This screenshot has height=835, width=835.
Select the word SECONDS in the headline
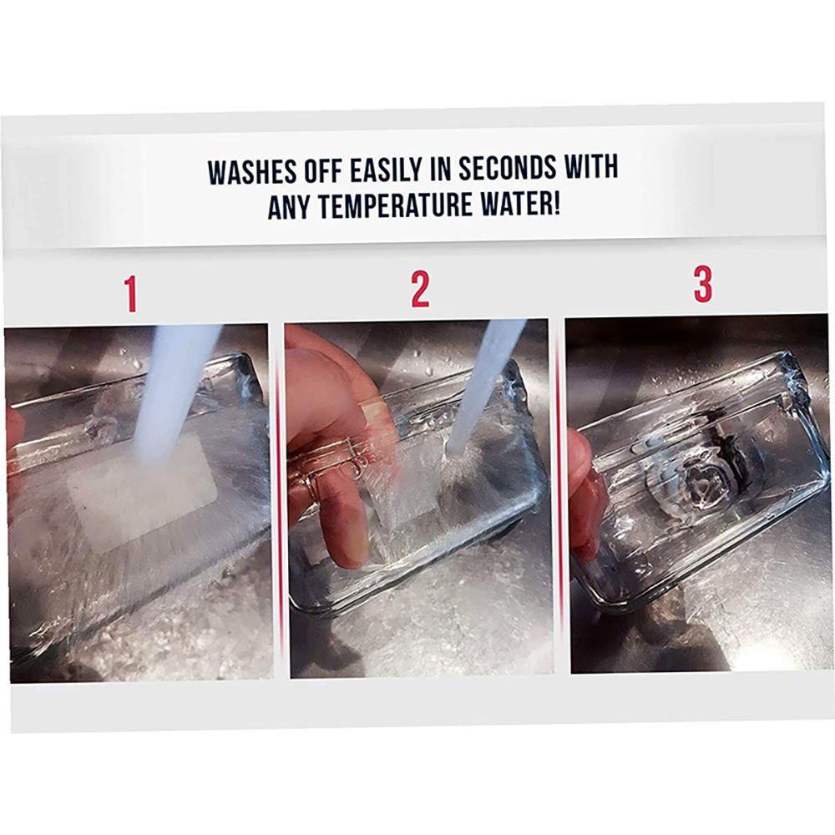point(508,168)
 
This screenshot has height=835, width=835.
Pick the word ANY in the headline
point(289,208)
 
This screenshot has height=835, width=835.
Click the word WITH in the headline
point(591,166)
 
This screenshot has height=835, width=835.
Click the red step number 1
point(131,295)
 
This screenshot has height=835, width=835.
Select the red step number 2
point(420,290)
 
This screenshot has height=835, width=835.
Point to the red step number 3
point(703,285)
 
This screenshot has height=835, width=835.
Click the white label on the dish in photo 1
point(141,488)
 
